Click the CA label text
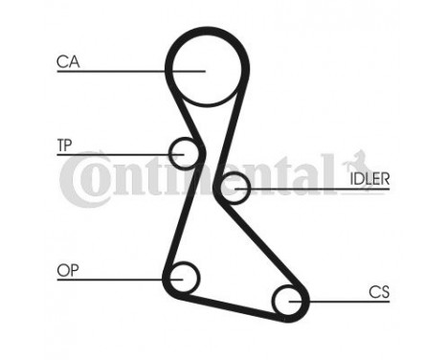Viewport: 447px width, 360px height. pyautogui.click(x=67, y=62)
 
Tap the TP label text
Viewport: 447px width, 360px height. pyautogui.click(x=64, y=145)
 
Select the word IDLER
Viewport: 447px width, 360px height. pyautogui.click(x=369, y=179)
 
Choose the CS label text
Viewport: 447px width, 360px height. pyautogui.click(x=378, y=291)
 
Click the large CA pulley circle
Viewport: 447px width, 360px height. pyautogui.click(x=201, y=69)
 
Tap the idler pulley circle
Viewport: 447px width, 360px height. pyautogui.click(x=233, y=188)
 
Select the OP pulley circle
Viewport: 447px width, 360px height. pyautogui.click(x=181, y=278)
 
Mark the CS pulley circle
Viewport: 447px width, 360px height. pyautogui.click(x=288, y=302)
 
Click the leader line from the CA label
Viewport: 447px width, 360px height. pyautogui.click(x=115, y=70)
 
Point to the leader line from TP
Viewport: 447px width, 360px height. pyautogui.click(x=115, y=153)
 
